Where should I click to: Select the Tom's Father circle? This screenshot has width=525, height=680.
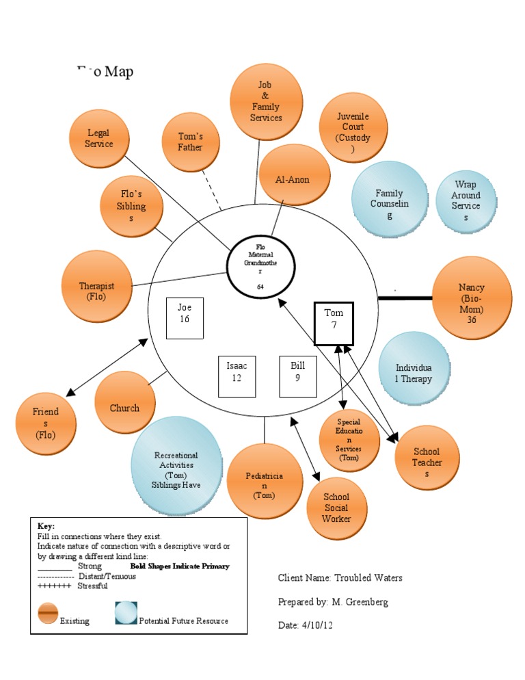pyautogui.click(x=191, y=142)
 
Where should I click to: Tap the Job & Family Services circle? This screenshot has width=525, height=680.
pyautogui.click(x=266, y=101)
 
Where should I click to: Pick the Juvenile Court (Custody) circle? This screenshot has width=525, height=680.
pyautogui.click(x=353, y=127)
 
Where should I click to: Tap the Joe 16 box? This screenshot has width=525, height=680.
pyautogui.click(x=185, y=319)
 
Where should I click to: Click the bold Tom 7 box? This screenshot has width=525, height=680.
pyautogui.click(x=334, y=323)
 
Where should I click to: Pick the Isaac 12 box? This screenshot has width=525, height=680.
pyautogui.click(x=237, y=377)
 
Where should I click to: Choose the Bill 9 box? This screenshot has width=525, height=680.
pyautogui.click(x=298, y=376)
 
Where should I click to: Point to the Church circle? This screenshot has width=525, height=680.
pyautogui.click(x=125, y=408)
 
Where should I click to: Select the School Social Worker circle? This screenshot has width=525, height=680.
pyautogui.click(x=336, y=508)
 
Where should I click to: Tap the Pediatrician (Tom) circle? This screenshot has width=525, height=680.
pyautogui.click(x=263, y=482)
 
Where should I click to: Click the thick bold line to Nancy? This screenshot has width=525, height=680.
pyautogui.click(x=405, y=298)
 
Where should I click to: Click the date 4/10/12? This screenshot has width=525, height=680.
pyautogui.click(x=320, y=625)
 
